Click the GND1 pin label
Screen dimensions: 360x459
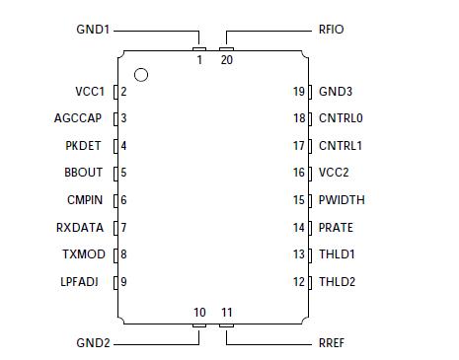pyautogui.click(x=94, y=30)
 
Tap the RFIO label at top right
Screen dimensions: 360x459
pyautogui.click(x=331, y=30)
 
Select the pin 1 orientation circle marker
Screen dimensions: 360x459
pyautogui.click(x=141, y=74)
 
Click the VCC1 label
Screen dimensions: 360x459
pyautogui.click(x=90, y=92)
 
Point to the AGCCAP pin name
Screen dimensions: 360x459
pyautogui.click(x=79, y=118)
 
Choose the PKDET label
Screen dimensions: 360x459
pyautogui.click(x=84, y=146)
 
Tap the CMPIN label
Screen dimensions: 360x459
pyautogui.click(x=85, y=200)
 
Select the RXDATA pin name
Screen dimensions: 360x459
pyautogui.click(x=81, y=228)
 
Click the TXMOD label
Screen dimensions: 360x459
pyautogui.click(x=84, y=254)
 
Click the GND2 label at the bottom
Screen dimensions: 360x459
pyautogui.click(x=94, y=343)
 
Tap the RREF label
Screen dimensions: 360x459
pyautogui.click(x=332, y=343)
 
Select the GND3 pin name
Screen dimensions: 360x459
pyautogui.click(x=336, y=92)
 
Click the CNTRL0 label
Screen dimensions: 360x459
pyautogui.click(x=342, y=118)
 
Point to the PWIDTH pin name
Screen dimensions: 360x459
pyautogui.click(x=342, y=200)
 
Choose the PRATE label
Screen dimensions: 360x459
pyautogui.click(x=336, y=228)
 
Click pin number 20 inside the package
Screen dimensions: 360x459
pyautogui.click(x=227, y=60)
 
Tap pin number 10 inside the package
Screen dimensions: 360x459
pyautogui.click(x=199, y=313)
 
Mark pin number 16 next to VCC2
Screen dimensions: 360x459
pyautogui.click(x=299, y=173)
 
